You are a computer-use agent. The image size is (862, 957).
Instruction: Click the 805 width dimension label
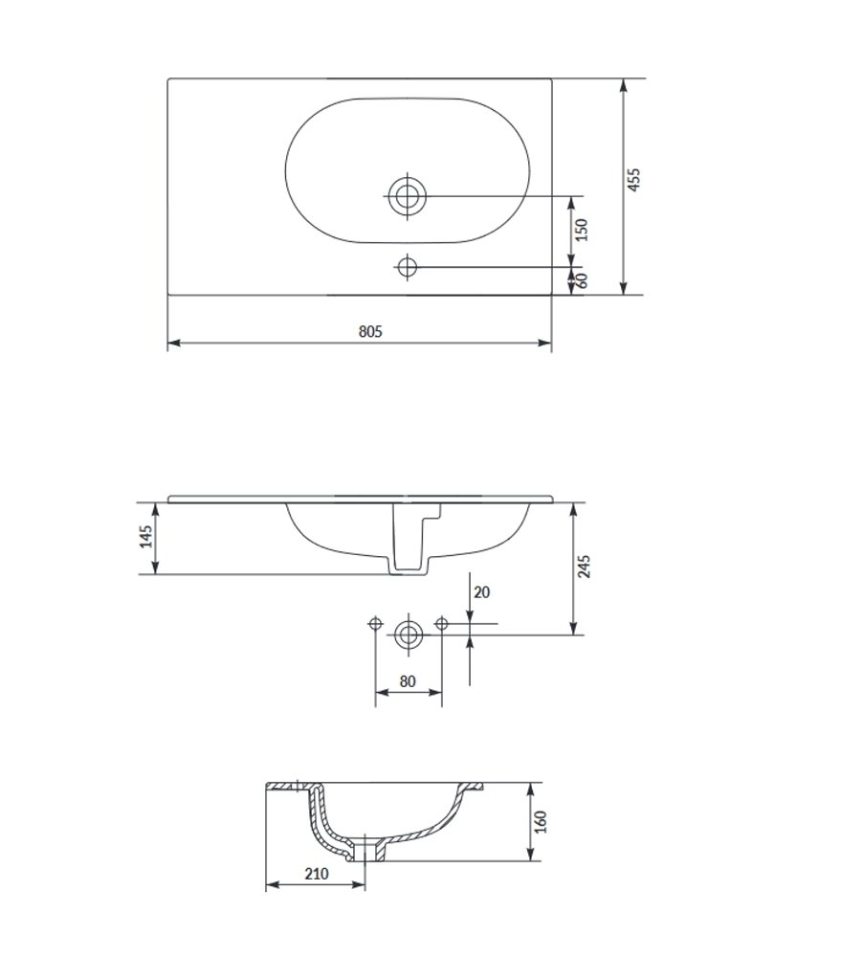370,331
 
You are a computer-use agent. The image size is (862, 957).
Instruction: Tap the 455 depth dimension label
634,180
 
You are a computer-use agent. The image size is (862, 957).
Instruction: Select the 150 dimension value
582,230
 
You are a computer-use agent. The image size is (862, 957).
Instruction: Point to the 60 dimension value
582,280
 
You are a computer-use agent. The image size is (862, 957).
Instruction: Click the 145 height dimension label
146,537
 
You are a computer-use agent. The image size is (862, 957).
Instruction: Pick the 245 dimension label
584,567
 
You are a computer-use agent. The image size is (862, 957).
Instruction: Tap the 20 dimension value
481,592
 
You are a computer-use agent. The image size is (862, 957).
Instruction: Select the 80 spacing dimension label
408,681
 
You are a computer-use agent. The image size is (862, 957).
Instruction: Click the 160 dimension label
541,822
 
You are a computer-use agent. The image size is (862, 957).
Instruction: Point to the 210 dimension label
317,874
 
